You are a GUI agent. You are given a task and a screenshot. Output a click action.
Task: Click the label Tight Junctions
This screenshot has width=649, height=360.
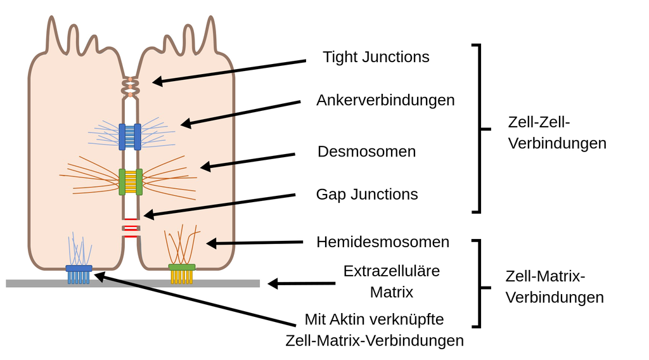[x=376, y=57]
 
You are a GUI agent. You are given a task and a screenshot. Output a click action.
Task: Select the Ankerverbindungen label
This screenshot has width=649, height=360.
[x=385, y=100]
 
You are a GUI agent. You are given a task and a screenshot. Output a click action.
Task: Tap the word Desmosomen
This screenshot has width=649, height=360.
[x=366, y=152]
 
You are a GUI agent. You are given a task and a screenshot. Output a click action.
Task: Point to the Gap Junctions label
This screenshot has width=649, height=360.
[x=367, y=194]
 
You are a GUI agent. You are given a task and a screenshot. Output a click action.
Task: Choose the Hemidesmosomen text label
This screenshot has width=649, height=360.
[x=383, y=242]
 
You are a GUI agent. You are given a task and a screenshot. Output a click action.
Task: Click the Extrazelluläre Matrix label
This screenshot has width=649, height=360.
[x=391, y=281]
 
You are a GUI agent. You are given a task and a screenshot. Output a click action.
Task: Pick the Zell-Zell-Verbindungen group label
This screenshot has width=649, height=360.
[x=556, y=132]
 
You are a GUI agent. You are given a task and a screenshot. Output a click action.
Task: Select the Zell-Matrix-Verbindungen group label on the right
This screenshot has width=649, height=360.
[x=554, y=286]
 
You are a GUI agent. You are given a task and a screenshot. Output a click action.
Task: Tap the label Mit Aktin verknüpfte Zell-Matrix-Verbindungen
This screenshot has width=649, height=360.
[x=375, y=330]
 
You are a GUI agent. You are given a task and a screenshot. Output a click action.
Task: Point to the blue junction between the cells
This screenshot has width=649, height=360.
[x=130, y=137]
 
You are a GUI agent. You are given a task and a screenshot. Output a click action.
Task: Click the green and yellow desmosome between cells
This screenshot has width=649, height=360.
[x=131, y=182]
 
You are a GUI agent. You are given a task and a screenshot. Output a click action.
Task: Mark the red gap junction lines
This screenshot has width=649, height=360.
[x=131, y=228]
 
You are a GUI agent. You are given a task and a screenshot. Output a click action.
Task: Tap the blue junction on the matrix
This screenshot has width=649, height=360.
[x=79, y=273]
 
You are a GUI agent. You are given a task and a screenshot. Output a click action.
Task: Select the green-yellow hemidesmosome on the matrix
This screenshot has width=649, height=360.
[x=181, y=273]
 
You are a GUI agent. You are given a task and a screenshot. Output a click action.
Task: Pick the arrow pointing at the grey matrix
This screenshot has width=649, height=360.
[x=301, y=283]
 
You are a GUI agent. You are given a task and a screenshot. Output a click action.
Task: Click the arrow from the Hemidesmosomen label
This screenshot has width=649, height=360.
[x=254, y=242]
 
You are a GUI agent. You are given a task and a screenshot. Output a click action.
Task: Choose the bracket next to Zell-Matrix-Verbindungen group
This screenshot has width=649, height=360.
[x=479, y=283]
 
